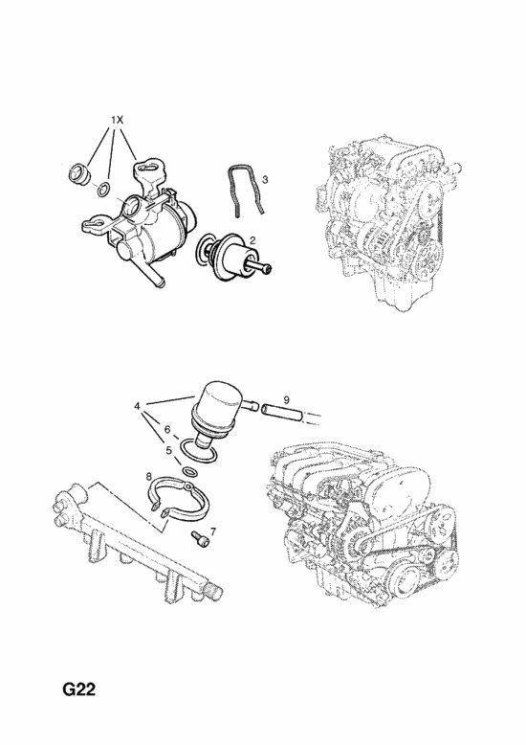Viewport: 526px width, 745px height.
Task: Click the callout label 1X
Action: tap(118, 121)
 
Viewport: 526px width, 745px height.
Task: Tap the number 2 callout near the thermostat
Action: tap(252, 240)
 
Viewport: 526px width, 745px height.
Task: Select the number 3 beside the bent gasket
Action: tap(265, 179)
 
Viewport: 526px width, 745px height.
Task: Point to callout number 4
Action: tap(137, 406)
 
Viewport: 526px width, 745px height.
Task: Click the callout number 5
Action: tap(168, 450)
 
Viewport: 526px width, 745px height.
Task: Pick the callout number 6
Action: tap(166, 430)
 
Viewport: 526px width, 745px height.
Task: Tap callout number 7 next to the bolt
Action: tap(212, 531)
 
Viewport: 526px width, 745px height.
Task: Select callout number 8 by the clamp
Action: tap(148, 476)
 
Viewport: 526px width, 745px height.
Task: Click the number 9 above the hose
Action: tap(286, 400)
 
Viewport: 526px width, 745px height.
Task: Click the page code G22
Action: tap(79, 689)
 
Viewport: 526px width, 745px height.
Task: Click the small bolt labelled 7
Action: tap(199, 539)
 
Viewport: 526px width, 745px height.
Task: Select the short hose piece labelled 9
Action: tap(280, 412)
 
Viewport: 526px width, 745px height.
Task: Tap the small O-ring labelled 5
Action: tap(190, 472)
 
